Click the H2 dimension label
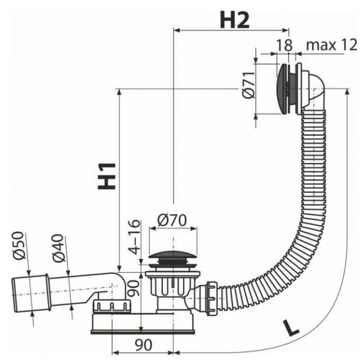coord(234,20)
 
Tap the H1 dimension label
coord(106,176)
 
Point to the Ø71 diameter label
coord(249,85)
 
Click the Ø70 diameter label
coord(172,220)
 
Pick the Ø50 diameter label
coord(18,245)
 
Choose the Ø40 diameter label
coord(58,248)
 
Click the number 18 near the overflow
coord(284,45)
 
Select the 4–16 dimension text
coord(134,237)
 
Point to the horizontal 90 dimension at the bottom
coord(143,345)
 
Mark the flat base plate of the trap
coord(143,332)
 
